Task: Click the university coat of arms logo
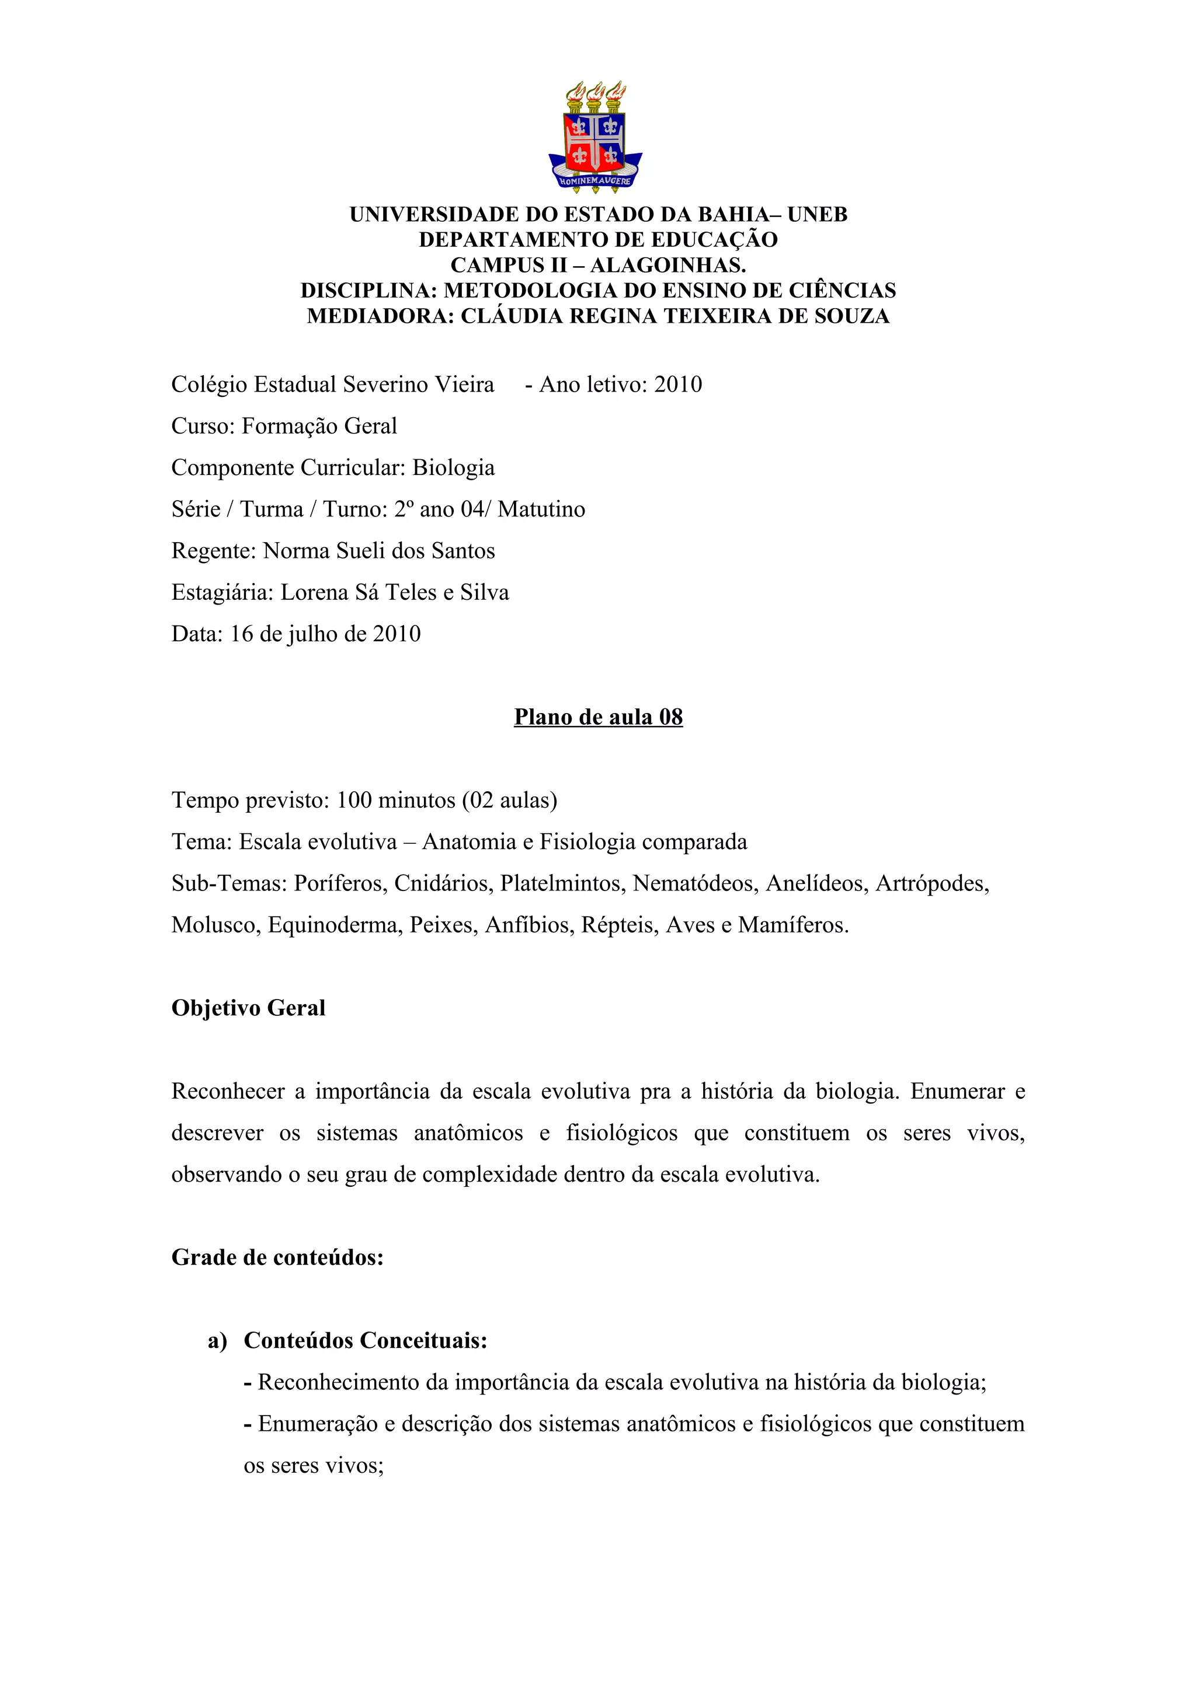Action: (x=596, y=137)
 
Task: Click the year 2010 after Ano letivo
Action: (x=678, y=385)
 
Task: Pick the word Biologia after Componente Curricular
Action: (x=453, y=467)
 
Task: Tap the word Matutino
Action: (x=541, y=509)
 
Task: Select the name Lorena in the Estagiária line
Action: (x=315, y=593)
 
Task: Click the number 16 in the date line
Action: (x=242, y=634)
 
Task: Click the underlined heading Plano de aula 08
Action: (x=599, y=717)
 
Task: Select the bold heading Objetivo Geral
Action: (x=248, y=1008)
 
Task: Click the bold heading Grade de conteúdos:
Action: (x=278, y=1257)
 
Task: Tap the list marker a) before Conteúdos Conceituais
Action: (x=217, y=1340)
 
